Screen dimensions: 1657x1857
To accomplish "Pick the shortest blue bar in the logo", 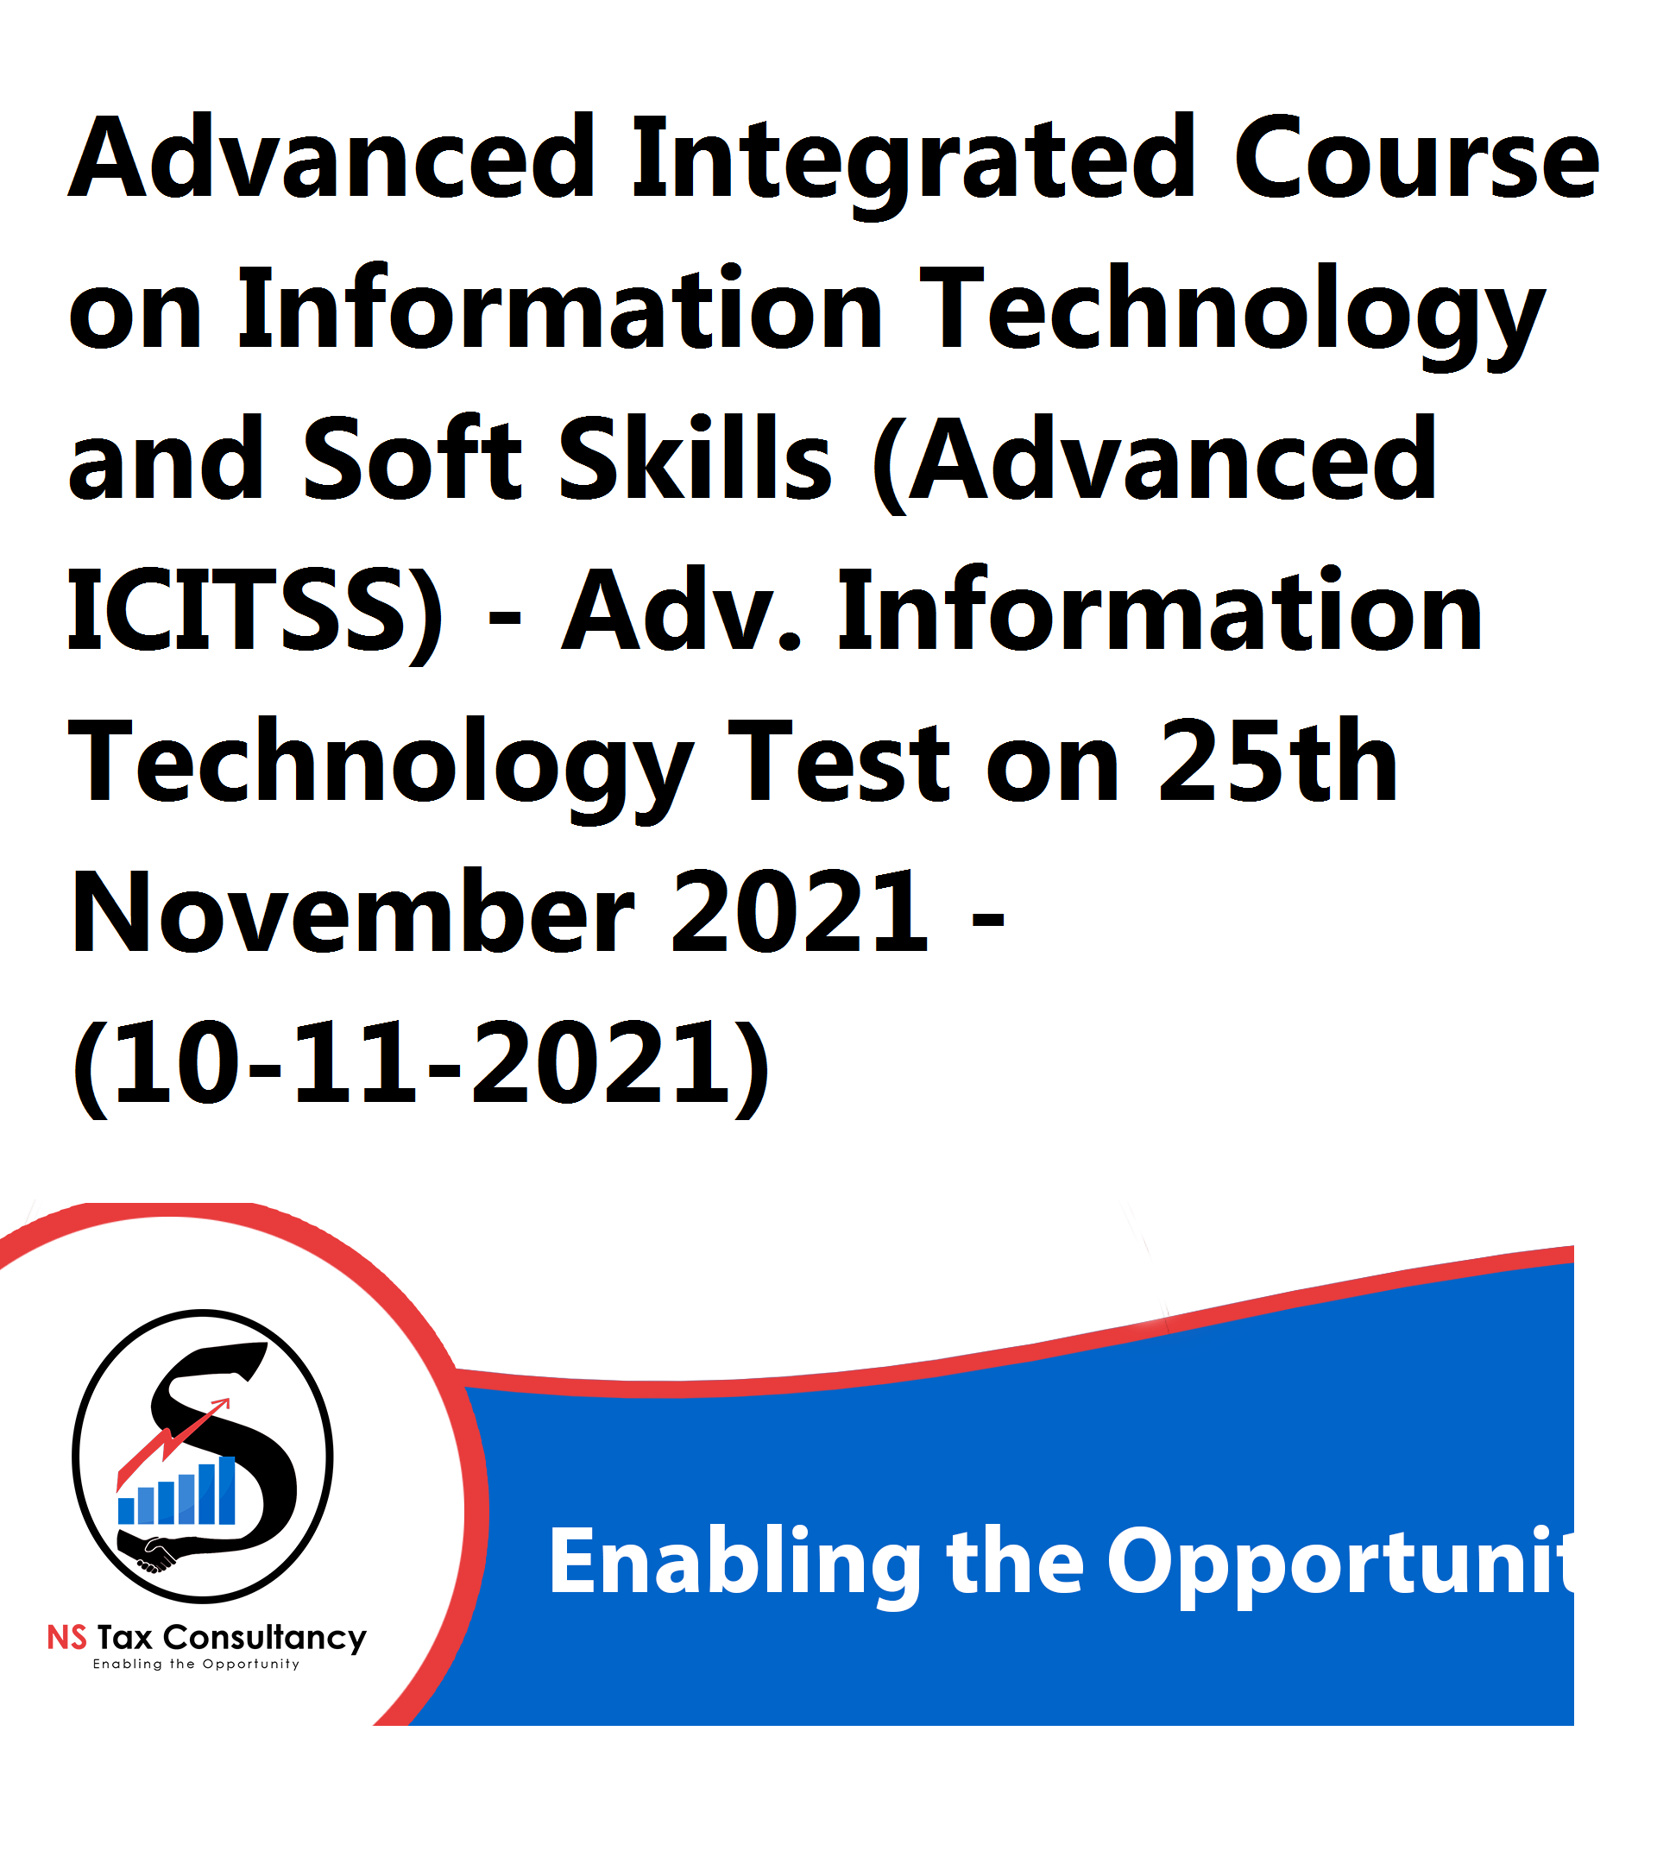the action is point(127,1511).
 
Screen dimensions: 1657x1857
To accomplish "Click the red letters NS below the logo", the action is point(67,1638).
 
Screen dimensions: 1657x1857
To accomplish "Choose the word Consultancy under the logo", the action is point(265,1640).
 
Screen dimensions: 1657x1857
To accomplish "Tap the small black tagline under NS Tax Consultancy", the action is point(196,1665).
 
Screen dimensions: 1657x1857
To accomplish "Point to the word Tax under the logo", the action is point(125,1639).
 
